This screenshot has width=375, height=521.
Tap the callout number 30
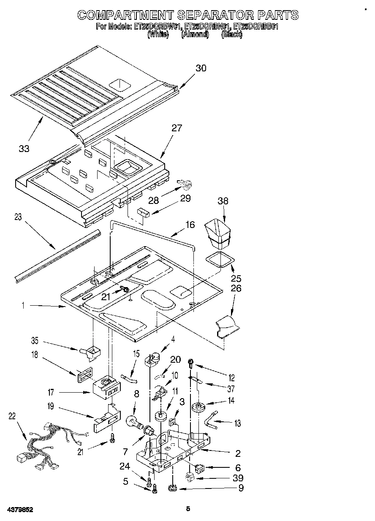click(x=201, y=68)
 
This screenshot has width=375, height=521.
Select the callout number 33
click(x=24, y=149)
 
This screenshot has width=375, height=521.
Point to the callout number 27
click(x=177, y=128)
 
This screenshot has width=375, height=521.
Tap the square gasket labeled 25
click(x=219, y=260)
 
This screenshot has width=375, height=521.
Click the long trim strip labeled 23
click(x=57, y=255)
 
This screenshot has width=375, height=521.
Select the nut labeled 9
click(x=172, y=489)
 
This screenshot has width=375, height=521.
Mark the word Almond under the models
click(x=195, y=35)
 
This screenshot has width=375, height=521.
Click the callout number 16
click(x=190, y=225)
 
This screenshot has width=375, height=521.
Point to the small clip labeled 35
click(x=90, y=351)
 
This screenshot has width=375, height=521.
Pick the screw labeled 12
click(x=191, y=361)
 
